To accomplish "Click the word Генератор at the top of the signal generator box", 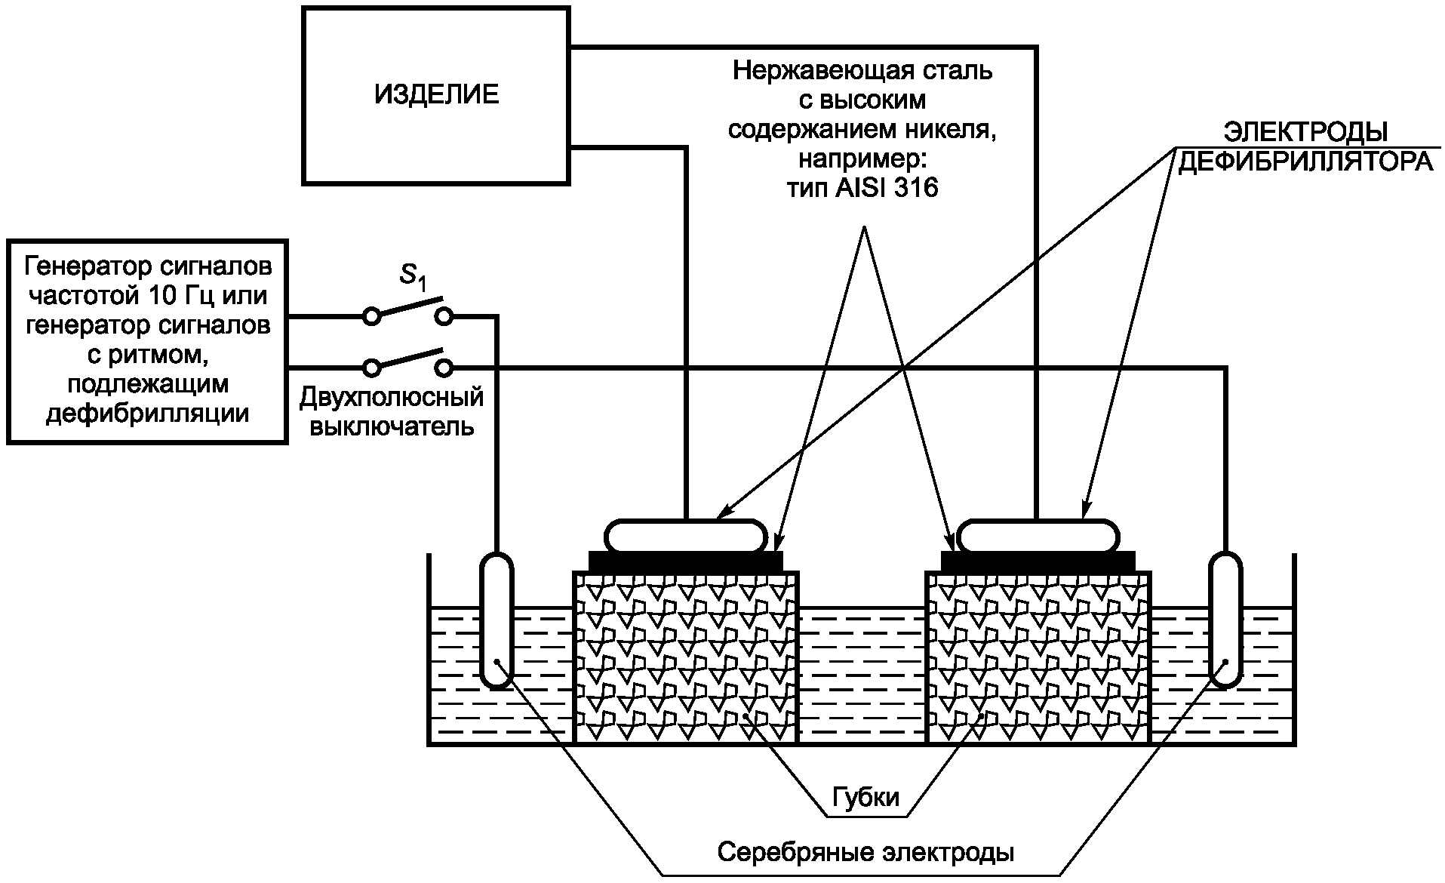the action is coord(82,266).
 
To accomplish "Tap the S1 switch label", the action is coord(413,277).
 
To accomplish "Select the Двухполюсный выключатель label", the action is coord(392,411).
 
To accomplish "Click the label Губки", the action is coord(865,797).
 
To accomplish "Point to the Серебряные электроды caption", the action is coord(865,853).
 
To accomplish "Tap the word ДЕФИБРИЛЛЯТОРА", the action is coord(1305,162).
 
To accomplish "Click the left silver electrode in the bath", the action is coord(497,620).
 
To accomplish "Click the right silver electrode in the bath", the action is coord(1225,620).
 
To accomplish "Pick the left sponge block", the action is coord(686,657).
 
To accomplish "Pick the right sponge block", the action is coord(1038,657).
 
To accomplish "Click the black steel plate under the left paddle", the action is coord(686,561).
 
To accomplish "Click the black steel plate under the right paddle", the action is coord(1038,561).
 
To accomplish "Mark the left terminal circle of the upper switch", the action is coord(371,316).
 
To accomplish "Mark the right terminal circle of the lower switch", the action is coord(445,368).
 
